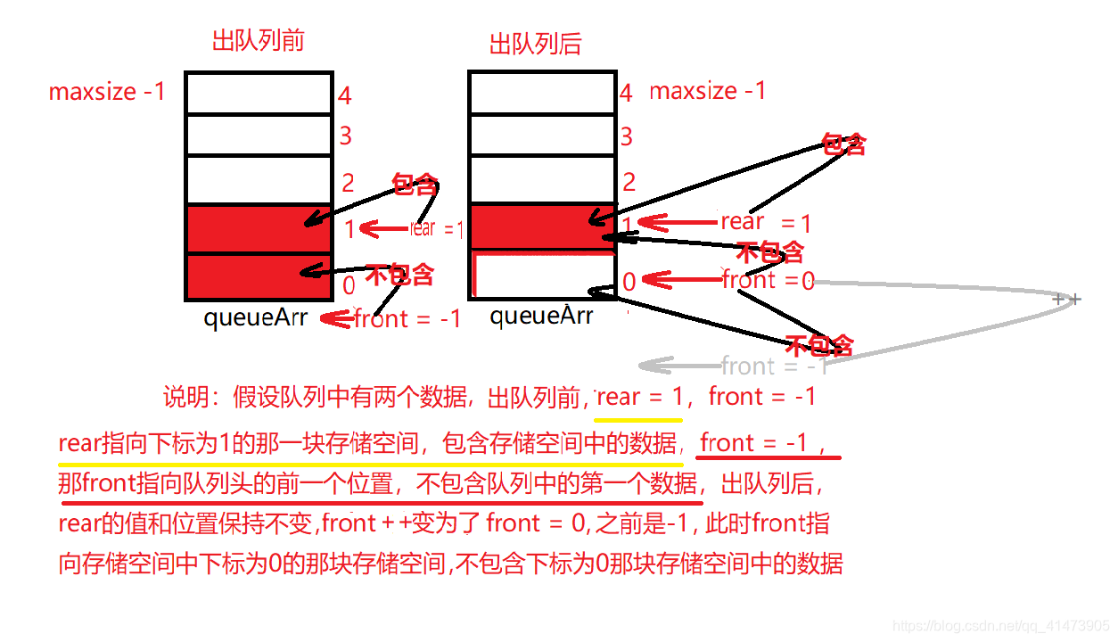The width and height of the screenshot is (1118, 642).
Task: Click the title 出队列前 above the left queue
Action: (x=259, y=41)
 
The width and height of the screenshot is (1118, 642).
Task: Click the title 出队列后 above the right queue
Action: (x=535, y=44)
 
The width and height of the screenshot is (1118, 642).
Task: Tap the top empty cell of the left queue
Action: (x=259, y=93)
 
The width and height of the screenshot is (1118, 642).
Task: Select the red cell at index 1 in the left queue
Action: (x=259, y=229)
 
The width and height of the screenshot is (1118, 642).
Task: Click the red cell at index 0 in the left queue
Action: (x=259, y=276)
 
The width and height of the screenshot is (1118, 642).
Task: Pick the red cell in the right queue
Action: (x=542, y=226)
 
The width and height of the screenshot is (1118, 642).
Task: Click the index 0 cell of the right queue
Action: (x=542, y=276)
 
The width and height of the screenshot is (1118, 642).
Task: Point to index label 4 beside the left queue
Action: (x=345, y=96)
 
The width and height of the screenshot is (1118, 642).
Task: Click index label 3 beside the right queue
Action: (x=627, y=136)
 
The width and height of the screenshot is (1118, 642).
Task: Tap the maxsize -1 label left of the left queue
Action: (x=107, y=91)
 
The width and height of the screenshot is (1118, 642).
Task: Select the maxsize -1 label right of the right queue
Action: (x=708, y=91)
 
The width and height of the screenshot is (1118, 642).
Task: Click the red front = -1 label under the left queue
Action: (x=407, y=318)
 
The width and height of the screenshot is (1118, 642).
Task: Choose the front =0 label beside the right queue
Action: (x=768, y=280)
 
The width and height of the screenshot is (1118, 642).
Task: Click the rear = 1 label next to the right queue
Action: (x=766, y=222)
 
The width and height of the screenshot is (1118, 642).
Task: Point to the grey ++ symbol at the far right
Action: (x=1066, y=299)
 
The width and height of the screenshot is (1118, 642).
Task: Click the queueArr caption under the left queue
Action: (x=255, y=317)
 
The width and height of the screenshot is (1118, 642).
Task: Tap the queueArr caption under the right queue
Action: (x=540, y=315)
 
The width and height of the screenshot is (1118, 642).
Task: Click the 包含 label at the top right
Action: (x=843, y=144)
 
